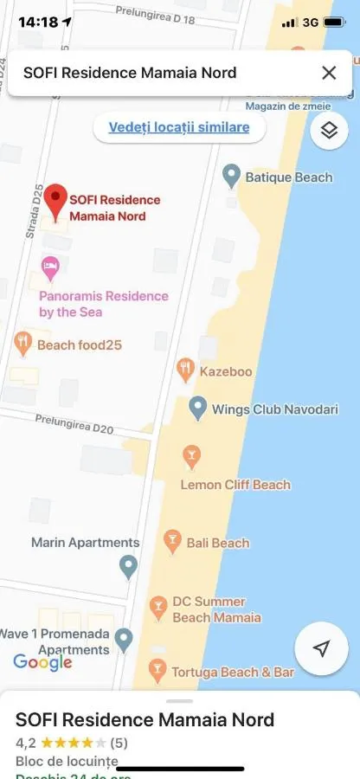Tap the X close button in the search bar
pos(329,74)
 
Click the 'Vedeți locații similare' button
pos(179,127)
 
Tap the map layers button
pos(328,130)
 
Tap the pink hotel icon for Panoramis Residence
pos(50,267)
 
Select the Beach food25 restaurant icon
pos(23,344)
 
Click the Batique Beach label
pos(288,177)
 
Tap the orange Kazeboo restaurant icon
pos(185,370)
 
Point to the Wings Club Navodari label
pos(275,409)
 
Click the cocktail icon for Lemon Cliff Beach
pos(191,454)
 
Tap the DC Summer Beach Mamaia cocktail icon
pos(157,608)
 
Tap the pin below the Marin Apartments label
pos(128,567)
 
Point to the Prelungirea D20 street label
pos(74,423)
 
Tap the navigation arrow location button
pos(322,649)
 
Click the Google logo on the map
pos(42,662)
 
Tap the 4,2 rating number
pos(25,742)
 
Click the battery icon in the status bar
pos(334,23)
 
